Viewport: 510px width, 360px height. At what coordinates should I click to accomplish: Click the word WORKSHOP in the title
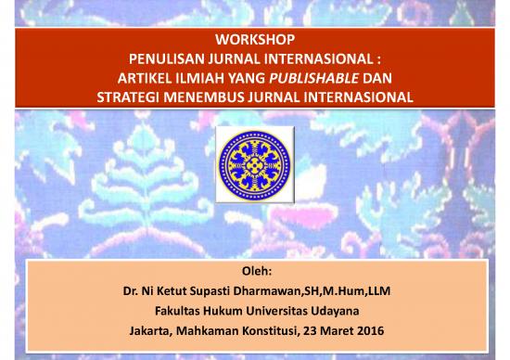click(254, 40)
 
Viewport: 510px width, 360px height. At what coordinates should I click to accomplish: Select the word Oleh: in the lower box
click(255, 272)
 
